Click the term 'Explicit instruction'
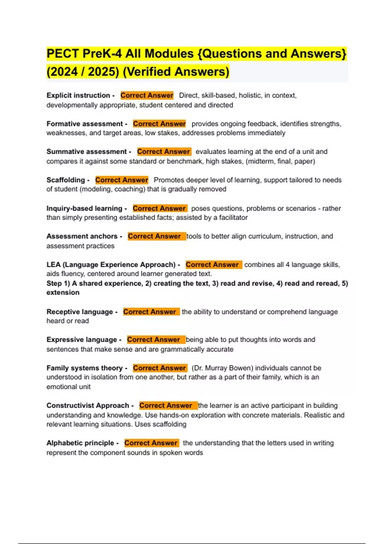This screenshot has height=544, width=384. (x=78, y=95)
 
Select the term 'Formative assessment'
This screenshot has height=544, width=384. (x=84, y=124)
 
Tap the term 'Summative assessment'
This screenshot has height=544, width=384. (x=86, y=152)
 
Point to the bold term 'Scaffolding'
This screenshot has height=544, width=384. (x=66, y=180)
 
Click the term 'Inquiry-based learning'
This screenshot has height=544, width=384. (x=84, y=208)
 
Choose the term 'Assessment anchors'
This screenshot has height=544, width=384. (x=82, y=236)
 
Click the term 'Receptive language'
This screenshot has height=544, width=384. (x=80, y=312)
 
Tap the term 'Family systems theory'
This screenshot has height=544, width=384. (x=84, y=368)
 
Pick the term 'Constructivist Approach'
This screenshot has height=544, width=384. (x=88, y=405)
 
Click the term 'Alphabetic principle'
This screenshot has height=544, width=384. (x=80, y=443)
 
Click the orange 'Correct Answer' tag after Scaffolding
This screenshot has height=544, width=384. (x=122, y=180)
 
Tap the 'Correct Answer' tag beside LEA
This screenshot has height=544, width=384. (x=212, y=265)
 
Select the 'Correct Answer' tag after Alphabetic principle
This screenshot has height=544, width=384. (x=151, y=443)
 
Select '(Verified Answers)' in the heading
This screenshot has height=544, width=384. (x=176, y=72)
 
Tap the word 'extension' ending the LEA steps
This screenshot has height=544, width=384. (x=63, y=292)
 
